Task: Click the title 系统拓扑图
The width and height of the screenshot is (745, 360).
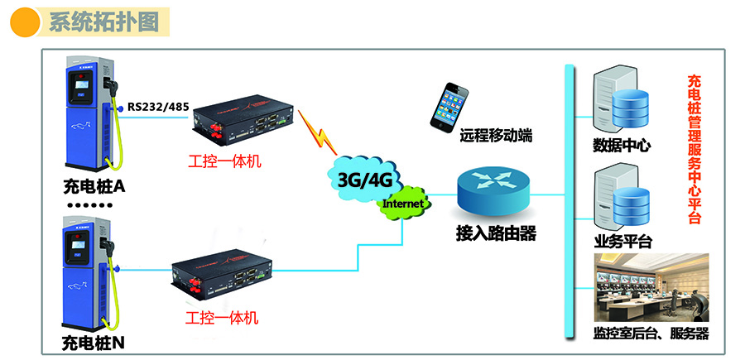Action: [x=103, y=22]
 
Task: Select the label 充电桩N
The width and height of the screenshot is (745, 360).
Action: [x=94, y=341]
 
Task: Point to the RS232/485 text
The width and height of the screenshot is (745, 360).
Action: [x=158, y=107]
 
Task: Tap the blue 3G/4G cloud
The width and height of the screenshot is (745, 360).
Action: [x=364, y=177]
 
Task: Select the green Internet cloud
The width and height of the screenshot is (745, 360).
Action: [x=404, y=204]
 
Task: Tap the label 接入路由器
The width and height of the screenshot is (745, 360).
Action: [x=495, y=234]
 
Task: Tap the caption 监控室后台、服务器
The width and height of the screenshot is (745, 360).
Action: [x=651, y=335]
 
